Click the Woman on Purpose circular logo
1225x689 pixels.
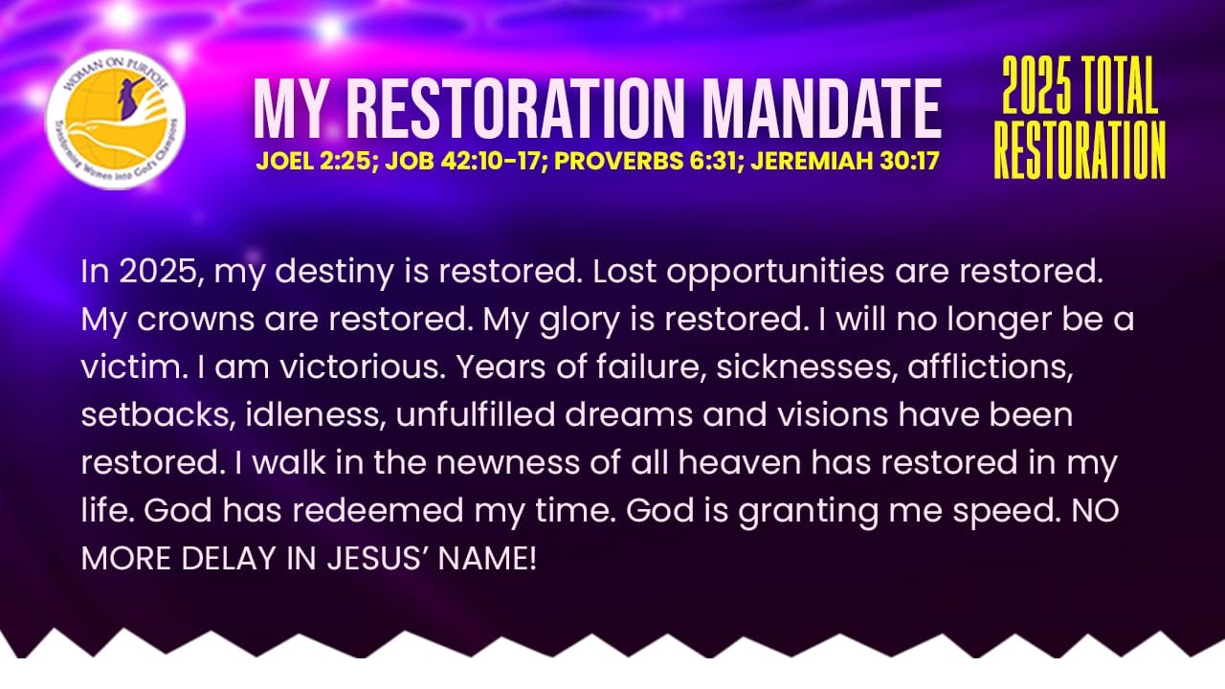pyautogui.click(x=115, y=120)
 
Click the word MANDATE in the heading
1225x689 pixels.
pyautogui.click(x=822, y=108)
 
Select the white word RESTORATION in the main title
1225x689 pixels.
pyautogui.click(x=516, y=108)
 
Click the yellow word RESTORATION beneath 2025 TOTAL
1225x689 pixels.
pyautogui.click(x=1080, y=150)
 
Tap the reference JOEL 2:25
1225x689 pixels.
pyautogui.click(x=314, y=161)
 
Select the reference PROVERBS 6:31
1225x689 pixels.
pyautogui.click(x=649, y=161)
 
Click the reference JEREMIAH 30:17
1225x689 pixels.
pyautogui.click(x=845, y=161)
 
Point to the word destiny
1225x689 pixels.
pyautogui.click(x=334, y=273)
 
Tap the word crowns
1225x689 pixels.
pyautogui.click(x=195, y=321)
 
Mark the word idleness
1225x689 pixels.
pyautogui.click(x=312, y=414)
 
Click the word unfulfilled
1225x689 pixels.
pyautogui.click(x=476, y=414)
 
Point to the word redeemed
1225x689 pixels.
pyautogui.click(x=378, y=510)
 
